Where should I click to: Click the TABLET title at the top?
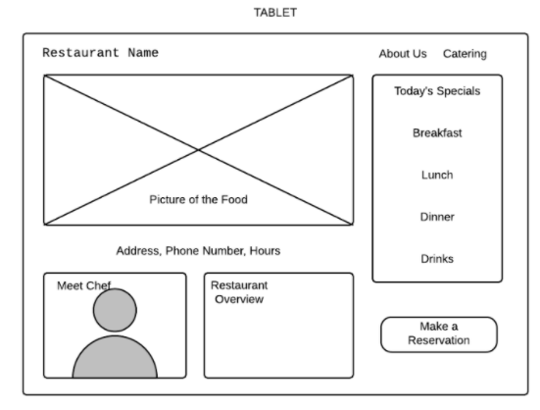[275, 13]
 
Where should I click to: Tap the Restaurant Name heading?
[100, 53]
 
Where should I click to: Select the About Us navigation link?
[403, 54]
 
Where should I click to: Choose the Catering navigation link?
[465, 54]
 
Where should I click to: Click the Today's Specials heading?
[437, 91]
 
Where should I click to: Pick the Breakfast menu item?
[437, 133]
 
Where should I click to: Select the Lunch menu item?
[437, 175]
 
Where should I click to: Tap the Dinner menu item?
[437, 217]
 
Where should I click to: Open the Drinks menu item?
[437, 259]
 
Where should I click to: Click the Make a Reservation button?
[439, 334]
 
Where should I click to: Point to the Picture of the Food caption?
[198, 199]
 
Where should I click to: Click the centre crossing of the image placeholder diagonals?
[198, 150]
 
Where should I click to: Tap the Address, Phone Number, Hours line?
[198, 251]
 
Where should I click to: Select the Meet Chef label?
[83, 285]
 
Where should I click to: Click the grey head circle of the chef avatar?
[115, 310]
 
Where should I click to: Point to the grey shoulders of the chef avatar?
[115, 358]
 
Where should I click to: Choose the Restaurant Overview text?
[239, 292]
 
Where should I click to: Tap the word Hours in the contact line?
[265, 251]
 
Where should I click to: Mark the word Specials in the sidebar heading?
[459, 91]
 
